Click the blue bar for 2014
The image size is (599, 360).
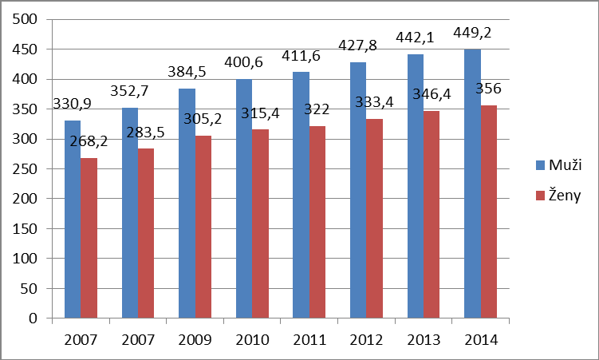[472, 184]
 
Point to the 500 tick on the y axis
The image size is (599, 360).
[30, 20]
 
